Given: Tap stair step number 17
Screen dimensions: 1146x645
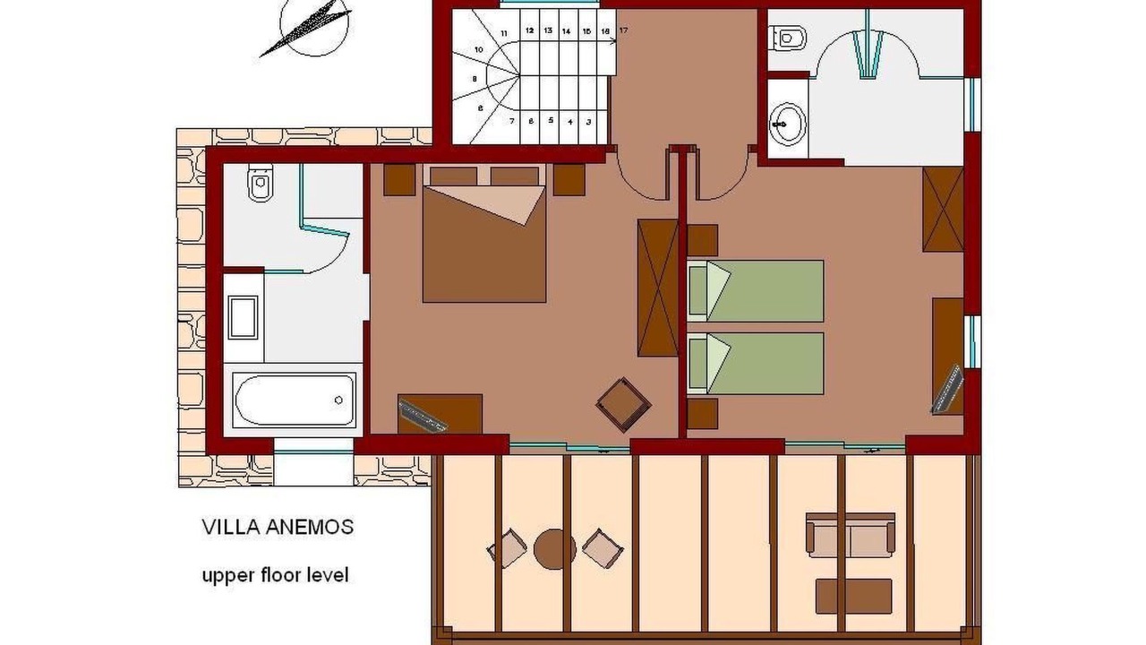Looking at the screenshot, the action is [x=623, y=30].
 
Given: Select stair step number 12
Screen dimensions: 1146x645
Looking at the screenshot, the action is [x=529, y=30].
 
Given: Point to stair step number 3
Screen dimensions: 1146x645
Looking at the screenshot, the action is [x=589, y=122].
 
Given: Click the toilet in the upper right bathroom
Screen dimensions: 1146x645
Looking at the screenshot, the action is [x=787, y=38].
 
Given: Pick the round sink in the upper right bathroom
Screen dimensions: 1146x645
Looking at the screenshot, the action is [x=788, y=123].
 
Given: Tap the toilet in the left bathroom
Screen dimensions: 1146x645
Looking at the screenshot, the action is [x=261, y=183].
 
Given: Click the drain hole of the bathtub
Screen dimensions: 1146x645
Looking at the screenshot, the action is [x=338, y=400].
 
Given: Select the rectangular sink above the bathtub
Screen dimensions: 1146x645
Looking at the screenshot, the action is [x=243, y=317].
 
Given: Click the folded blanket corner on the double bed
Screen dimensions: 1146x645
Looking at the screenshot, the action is [x=492, y=203].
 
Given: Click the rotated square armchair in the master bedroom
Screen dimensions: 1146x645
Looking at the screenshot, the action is [x=623, y=404].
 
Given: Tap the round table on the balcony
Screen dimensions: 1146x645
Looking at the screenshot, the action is [x=555, y=549].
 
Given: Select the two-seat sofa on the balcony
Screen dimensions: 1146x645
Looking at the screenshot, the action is [x=851, y=536].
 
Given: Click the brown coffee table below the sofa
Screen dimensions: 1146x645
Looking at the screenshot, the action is [x=854, y=597].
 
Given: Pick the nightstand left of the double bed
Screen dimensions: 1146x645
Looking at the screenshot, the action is [x=399, y=180].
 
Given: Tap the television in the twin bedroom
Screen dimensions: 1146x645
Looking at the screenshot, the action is [x=947, y=389].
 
